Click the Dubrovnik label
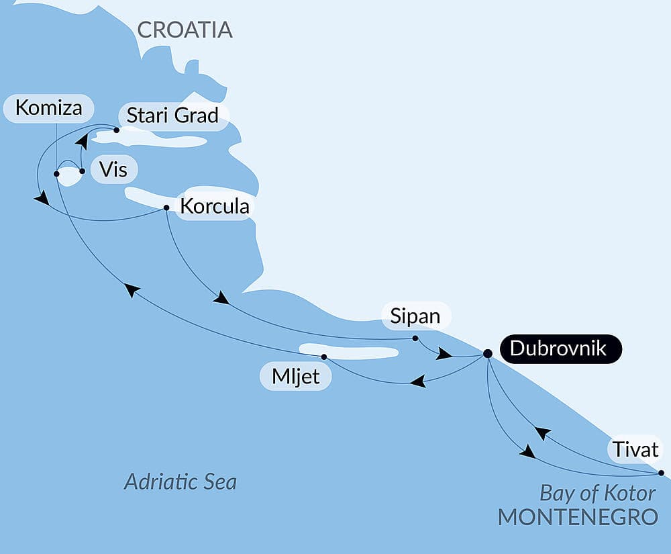click(x=558, y=349)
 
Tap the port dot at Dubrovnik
click(x=488, y=353)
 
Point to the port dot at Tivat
click(x=661, y=473)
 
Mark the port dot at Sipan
click(x=415, y=338)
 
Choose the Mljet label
click(x=295, y=377)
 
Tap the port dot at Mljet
click(x=324, y=357)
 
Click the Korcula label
click(x=215, y=205)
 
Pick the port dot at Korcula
click(x=166, y=207)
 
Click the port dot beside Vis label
click(x=82, y=171)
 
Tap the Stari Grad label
click(x=172, y=116)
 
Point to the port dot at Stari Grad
click(x=116, y=130)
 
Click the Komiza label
click(x=48, y=108)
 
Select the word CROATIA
click(x=185, y=30)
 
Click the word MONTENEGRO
click(x=577, y=517)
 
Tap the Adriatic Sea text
click(x=180, y=481)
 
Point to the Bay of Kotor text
click(x=597, y=494)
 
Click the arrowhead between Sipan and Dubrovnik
click(x=444, y=354)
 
